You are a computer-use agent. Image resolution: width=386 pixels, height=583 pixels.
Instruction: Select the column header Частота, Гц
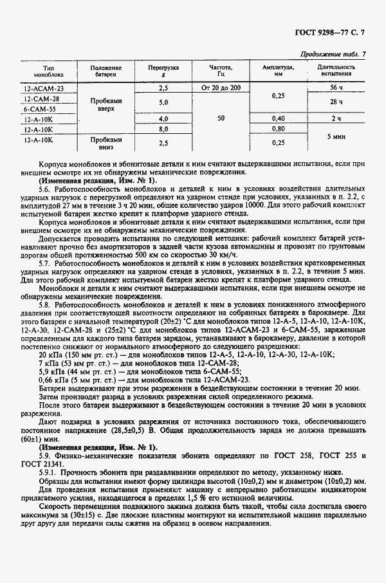coord(221,70)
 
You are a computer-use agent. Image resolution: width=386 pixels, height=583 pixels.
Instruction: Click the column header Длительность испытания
coord(336,70)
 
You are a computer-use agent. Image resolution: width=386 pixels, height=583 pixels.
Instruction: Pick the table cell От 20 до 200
coord(221,87)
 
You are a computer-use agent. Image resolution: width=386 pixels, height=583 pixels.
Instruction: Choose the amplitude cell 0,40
coord(278,118)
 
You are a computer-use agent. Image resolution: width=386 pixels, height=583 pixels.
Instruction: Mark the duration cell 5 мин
coord(336,136)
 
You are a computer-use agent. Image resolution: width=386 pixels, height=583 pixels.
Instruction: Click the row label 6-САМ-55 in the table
coord(41,109)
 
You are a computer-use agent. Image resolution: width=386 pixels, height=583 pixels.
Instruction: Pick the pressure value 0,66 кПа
coord(53,380)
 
